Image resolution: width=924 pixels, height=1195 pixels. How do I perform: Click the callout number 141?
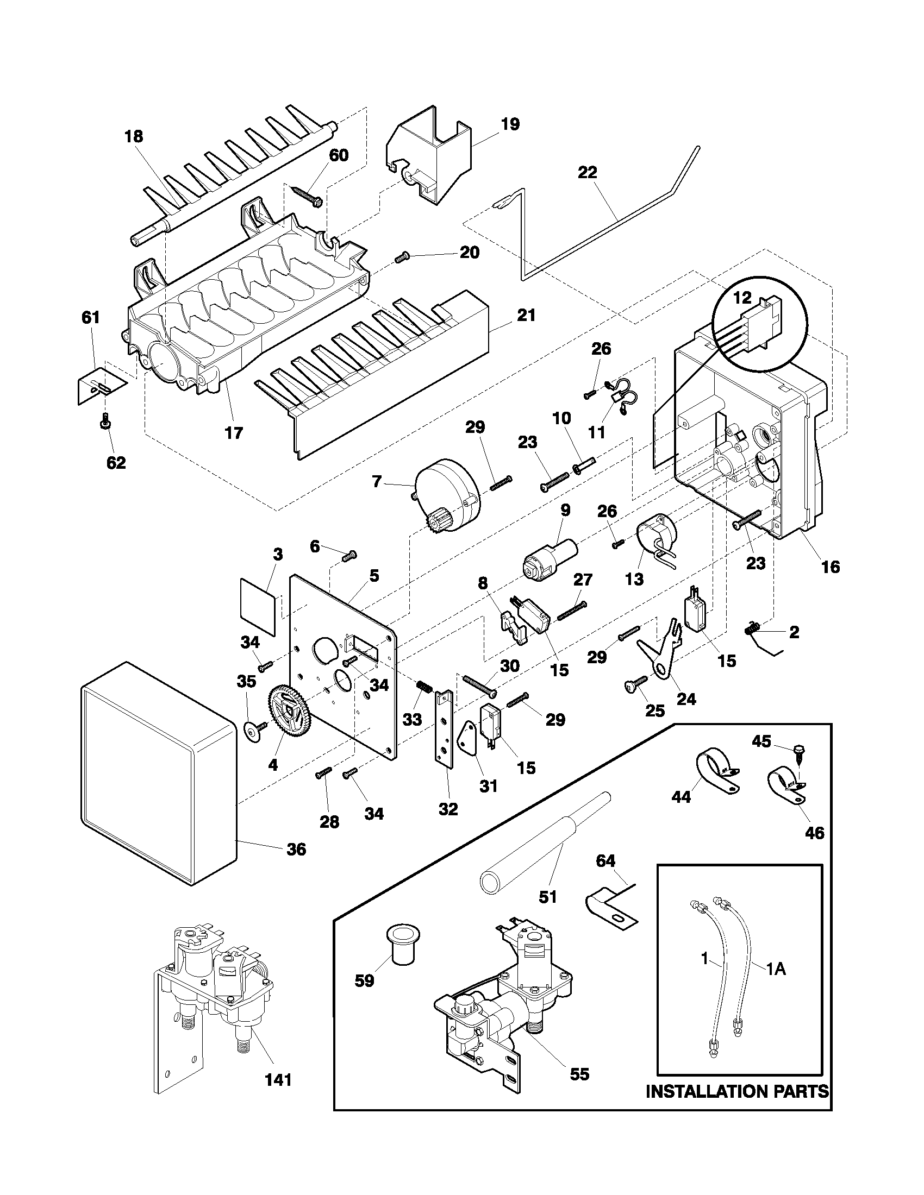278,1080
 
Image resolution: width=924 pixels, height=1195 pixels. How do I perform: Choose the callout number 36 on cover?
296,850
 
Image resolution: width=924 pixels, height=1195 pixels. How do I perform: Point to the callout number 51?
548,897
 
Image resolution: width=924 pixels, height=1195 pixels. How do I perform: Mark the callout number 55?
579,1074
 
